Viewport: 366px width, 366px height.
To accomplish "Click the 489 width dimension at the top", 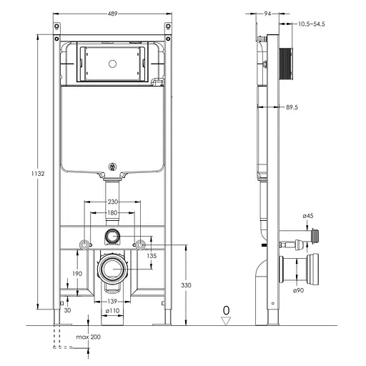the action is pos(112,14).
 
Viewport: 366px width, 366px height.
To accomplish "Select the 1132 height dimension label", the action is pos(38,174).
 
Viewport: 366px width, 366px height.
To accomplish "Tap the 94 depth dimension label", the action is pos(267,14).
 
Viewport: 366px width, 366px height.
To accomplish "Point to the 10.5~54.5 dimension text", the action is pos(312,24).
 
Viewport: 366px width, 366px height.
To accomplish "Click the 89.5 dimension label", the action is pos(292,107).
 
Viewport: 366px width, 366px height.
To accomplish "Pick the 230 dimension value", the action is pos(113,202).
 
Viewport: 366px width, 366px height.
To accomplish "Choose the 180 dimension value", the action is pos(112,212).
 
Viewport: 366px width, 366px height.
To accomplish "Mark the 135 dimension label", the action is pos(152,256).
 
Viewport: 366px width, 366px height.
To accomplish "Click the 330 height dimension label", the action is pos(186,285).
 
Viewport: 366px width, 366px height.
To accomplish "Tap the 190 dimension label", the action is pos(77,274).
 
